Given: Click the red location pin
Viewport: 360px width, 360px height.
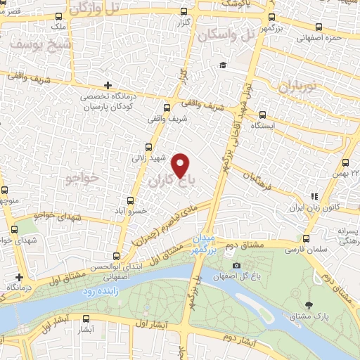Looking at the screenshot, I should (x=181, y=165).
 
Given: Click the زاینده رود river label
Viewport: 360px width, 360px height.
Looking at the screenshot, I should (x=100, y=290).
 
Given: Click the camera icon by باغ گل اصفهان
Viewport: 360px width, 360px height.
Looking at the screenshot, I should (x=236, y=265).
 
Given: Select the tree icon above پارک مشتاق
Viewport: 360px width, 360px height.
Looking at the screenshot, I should (x=309, y=304).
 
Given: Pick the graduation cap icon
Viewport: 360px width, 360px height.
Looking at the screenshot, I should (x=222, y=65).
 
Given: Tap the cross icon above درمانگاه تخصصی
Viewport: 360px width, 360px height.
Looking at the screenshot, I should (x=107, y=86).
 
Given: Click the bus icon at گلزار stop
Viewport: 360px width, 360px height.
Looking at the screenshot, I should (x=184, y=12).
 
